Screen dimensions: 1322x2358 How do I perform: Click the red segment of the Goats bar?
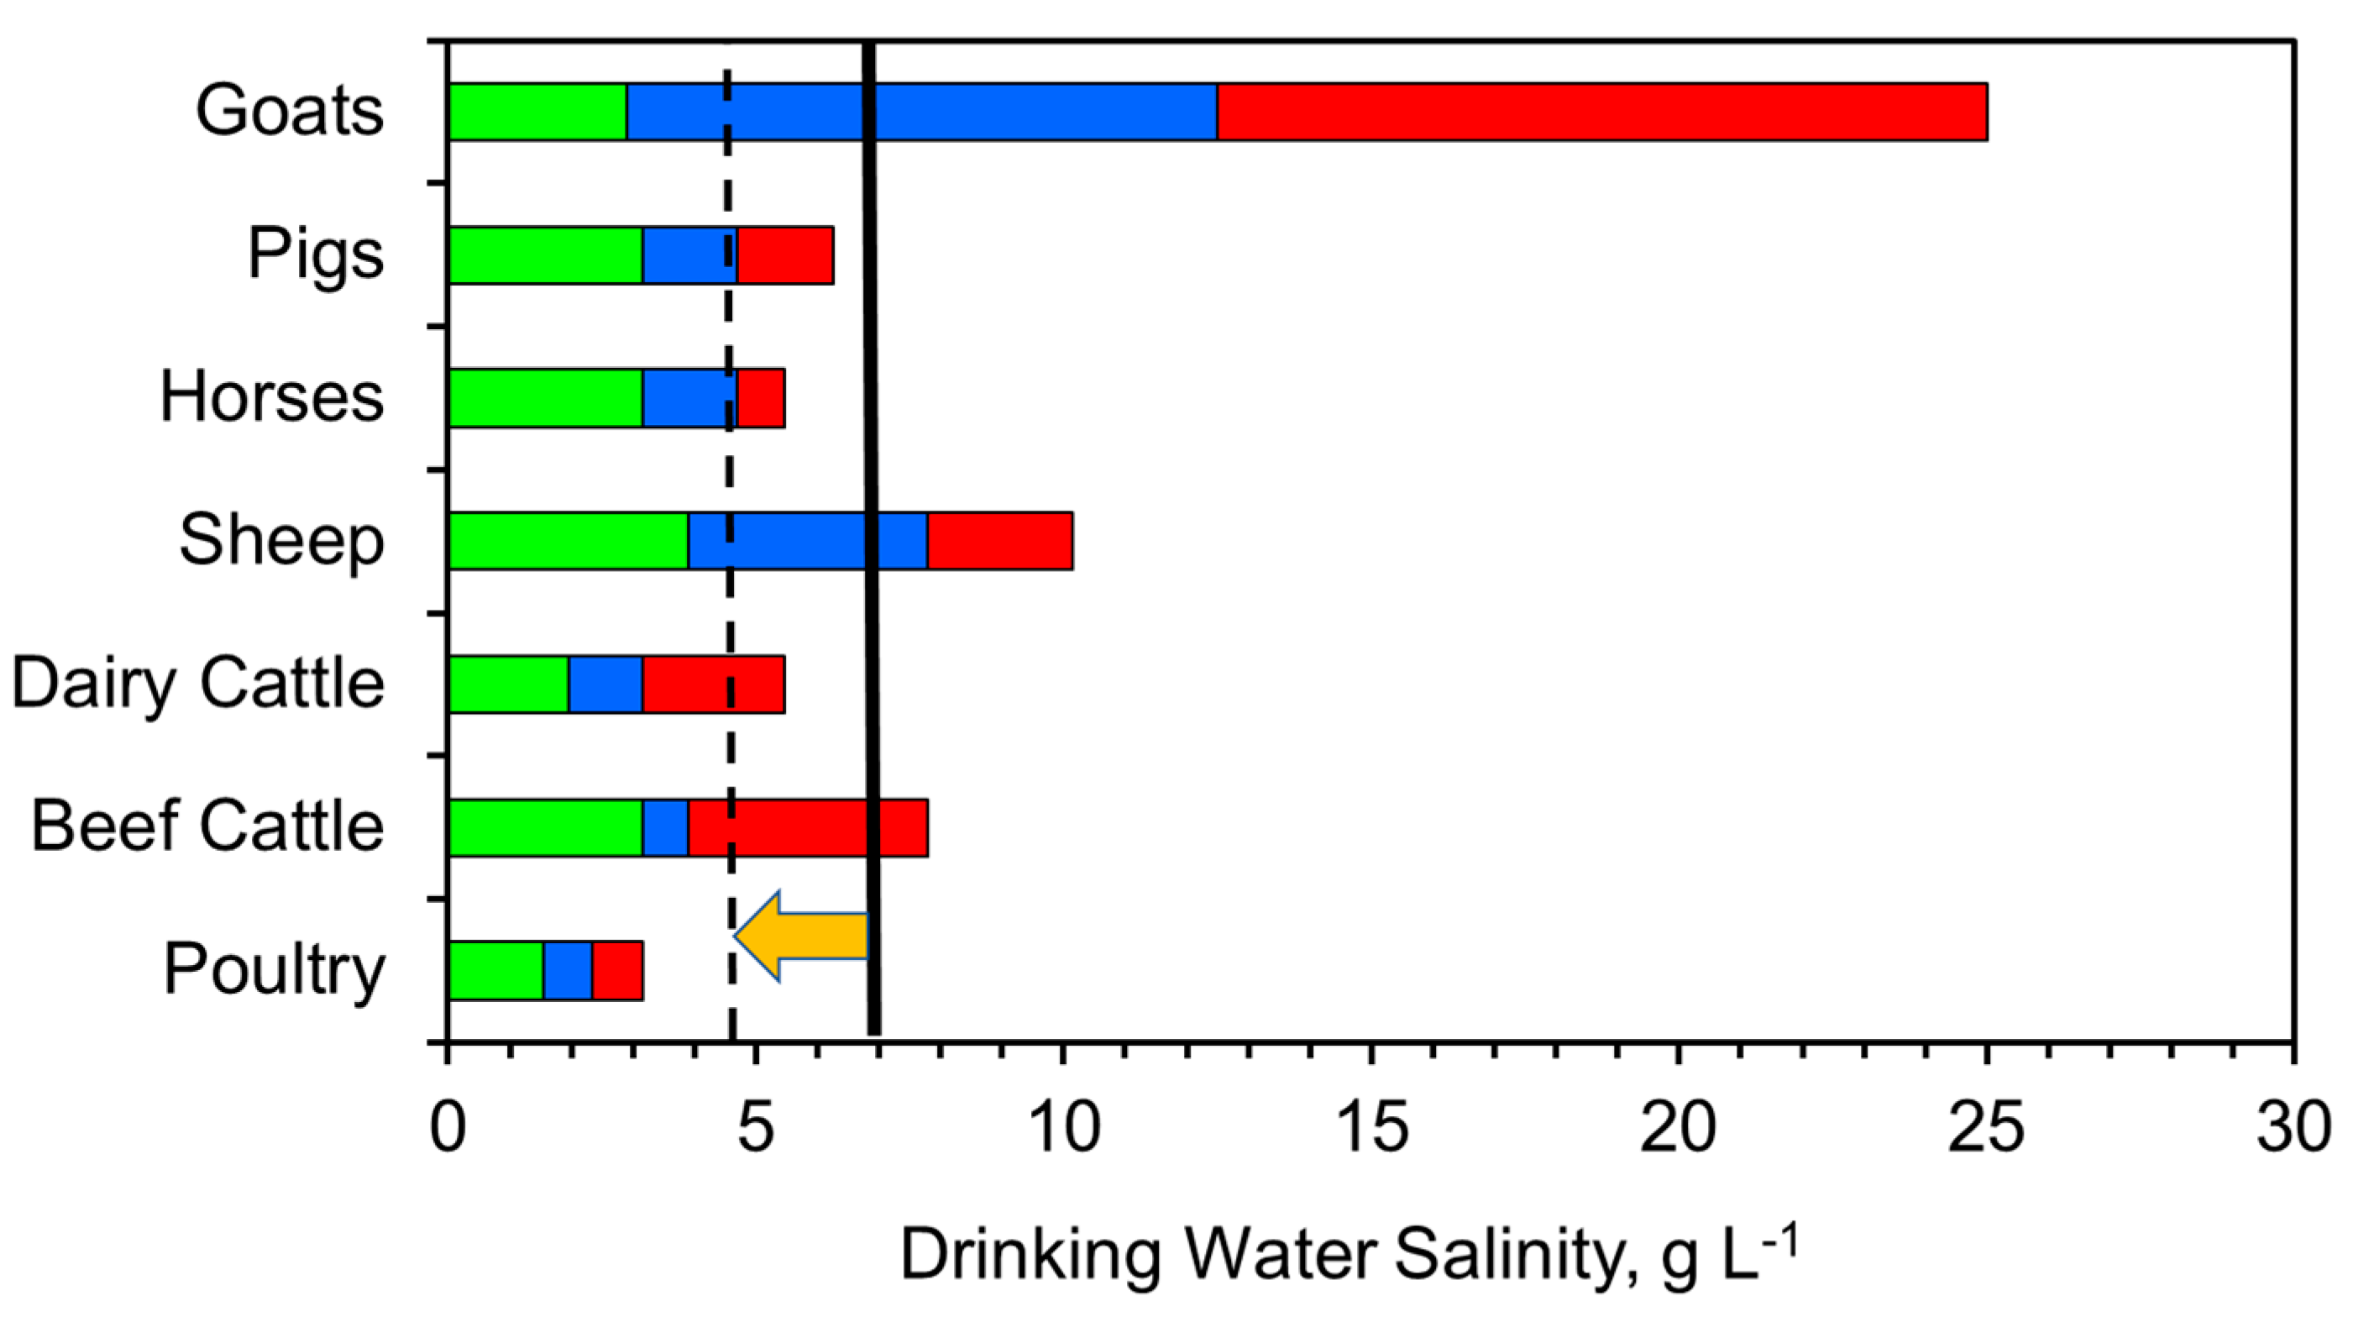coord(1602,112)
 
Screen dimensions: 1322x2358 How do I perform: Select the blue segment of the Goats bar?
coord(1007,112)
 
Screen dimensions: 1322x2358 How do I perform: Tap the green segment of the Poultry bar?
coord(495,970)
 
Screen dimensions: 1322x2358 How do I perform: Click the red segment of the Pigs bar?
coord(785,255)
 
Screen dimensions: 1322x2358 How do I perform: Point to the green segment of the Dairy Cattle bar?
coord(508,684)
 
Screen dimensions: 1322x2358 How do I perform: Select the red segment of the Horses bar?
coord(761,398)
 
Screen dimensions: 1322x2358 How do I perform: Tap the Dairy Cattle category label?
coord(197,683)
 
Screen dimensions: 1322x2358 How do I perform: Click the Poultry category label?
coord(274,969)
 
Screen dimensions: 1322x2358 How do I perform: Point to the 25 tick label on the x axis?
coord(1985,1128)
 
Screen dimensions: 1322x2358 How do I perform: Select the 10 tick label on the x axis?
coord(1063,1128)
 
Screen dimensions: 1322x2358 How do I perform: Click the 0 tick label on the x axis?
coord(448,1128)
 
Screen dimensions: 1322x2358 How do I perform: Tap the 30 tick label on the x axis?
coord(2292,1128)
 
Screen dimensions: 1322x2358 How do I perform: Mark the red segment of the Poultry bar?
coord(617,970)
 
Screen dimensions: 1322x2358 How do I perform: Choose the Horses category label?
coord(272,397)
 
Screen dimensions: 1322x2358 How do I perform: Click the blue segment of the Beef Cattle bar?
coord(665,827)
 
